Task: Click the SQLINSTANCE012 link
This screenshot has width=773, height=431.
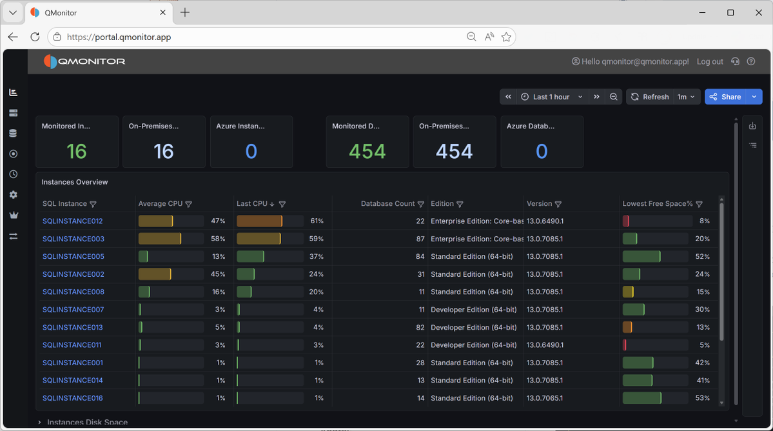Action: coord(72,221)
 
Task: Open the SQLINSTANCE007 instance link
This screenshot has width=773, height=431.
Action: coord(73,310)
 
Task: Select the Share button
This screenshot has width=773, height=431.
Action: coord(726,97)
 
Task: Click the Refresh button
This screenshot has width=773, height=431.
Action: coord(651,97)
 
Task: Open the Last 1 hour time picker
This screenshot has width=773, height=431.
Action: coord(551,97)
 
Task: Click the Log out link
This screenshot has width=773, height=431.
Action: coord(710,62)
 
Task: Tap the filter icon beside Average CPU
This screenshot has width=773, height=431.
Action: coord(188,204)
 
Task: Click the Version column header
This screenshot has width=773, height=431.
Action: coord(540,204)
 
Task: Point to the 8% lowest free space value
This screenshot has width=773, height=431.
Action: coord(705,221)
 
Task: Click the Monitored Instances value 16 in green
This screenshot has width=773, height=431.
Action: coord(77,152)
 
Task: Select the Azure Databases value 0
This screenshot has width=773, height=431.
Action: coord(542,152)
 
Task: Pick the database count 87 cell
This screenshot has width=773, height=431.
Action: coord(420,239)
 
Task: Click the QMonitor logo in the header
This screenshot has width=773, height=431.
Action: coord(84,62)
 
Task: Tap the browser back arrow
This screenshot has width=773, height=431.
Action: coord(13,37)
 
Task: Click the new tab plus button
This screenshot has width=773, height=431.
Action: coord(185,12)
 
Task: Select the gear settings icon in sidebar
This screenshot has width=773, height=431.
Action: coord(14,195)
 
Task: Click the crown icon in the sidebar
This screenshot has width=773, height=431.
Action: coord(14,215)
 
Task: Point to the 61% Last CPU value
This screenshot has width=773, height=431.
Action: coord(317,221)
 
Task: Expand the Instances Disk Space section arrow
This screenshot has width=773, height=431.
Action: coord(39,422)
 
